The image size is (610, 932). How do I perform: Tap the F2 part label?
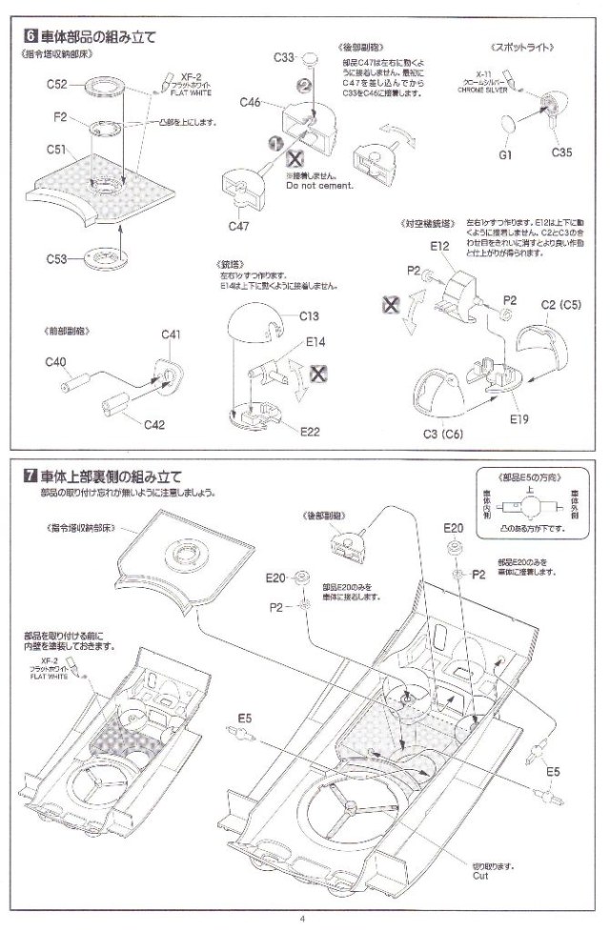click(x=59, y=117)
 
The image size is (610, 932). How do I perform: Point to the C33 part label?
click(x=281, y=59)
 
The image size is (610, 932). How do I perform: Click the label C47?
click(x=239, y=225)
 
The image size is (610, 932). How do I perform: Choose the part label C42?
click(x=152, y=427)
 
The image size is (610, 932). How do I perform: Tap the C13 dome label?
click(x=311, y=316)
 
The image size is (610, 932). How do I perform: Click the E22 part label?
click(x=310, y=432)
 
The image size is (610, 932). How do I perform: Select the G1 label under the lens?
click(x=505, y=153)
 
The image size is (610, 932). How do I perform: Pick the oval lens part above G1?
click(x=512, y=124)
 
